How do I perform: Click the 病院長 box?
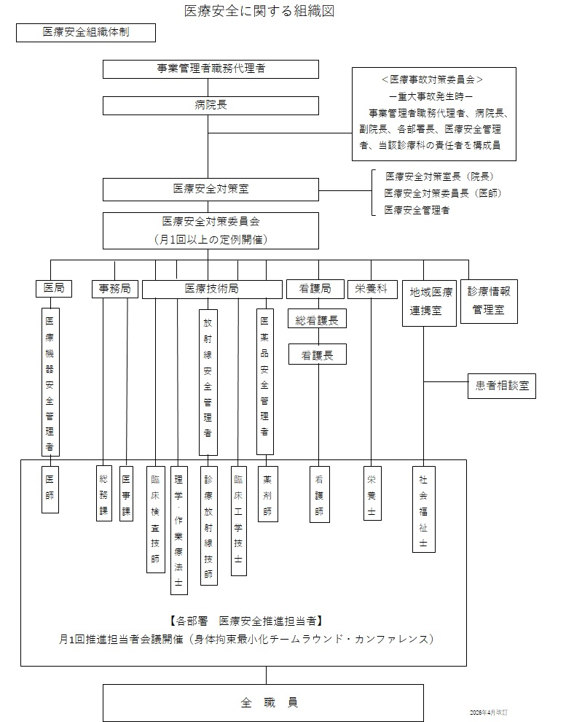pos(211,106)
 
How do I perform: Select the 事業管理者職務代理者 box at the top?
pos(211,69)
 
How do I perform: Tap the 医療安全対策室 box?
pos(211,190)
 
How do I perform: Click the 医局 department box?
pos(54,289)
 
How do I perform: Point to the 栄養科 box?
pos(371,289)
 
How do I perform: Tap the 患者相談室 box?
pos(501,387)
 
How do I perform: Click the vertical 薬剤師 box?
pos(267,493)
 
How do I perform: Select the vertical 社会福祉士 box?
pos(423,509)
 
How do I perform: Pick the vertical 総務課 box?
pos(104,493)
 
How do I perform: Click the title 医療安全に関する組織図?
pos(260,12)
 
